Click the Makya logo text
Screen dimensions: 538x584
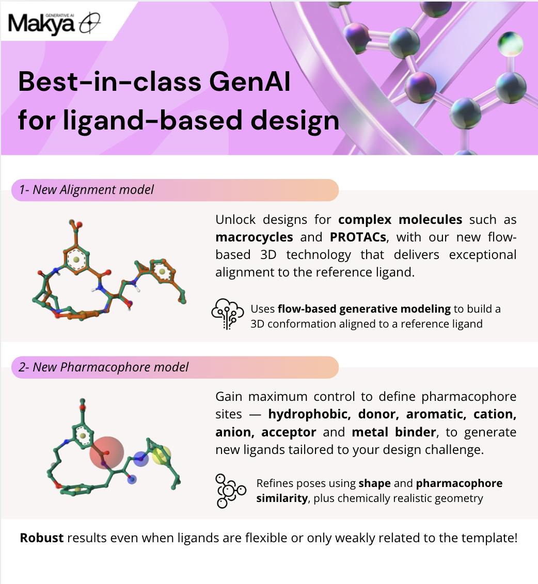tap(41, 24)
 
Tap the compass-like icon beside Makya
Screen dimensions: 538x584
tap(90, 23)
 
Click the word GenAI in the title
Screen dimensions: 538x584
tap(249, 82)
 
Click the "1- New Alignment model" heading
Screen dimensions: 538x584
tap(86, 189)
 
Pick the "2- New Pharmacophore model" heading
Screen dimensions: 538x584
tap(104, 367)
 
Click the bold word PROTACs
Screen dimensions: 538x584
tap(358, 237)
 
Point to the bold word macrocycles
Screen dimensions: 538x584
tap(254, 237)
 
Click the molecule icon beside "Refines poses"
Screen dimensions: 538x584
tap(230, 491)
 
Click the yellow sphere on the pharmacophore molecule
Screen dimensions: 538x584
tap(161, 455)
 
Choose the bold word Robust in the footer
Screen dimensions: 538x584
tap(42, 538)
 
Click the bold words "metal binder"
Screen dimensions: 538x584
tap(394, 432)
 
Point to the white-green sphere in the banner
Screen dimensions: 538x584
tap(511, 43)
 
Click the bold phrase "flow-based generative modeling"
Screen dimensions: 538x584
tap(364, 309)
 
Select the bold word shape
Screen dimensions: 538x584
tap(375, 483)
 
